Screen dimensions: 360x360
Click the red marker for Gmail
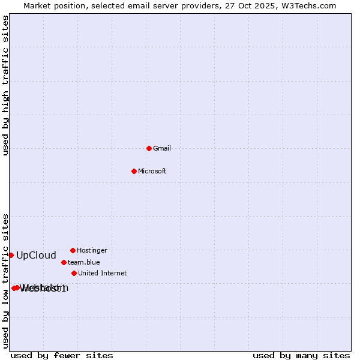[149, 148]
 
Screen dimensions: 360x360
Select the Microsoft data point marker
[134, 171]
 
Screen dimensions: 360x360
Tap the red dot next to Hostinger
[73, 250]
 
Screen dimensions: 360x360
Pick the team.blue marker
[64, 262]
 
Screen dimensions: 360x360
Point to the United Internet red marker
[74, 273]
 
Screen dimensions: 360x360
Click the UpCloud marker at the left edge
[11, 255]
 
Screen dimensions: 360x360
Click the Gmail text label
[162, 148]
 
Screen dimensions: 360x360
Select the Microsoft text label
[152, 171]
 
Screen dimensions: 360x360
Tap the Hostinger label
[92, 250]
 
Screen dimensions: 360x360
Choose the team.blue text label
[84, 262]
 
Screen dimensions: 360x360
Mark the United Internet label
[103, 273]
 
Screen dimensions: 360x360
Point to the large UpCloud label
[36, 255]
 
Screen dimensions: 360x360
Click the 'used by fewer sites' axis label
[62, 355]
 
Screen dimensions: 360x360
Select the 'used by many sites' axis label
[301, 355]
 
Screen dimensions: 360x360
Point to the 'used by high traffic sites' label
[5, 85]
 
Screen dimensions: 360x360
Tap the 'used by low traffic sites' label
[5, 280]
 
